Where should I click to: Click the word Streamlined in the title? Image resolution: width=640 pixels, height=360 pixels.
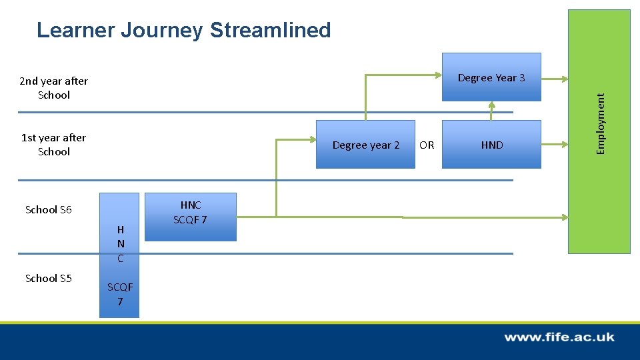point(270,31)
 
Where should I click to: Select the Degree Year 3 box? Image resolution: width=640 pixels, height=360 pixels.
point(491,77)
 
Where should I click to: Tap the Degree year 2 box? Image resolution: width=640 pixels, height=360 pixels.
point(365,145)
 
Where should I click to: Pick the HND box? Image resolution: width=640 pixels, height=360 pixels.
point(492,145)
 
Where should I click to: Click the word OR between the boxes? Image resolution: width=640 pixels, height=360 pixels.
point(427,145)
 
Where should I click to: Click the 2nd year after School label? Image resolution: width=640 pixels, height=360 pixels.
point(53,88)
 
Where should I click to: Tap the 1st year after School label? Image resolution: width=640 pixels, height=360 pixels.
point(53,145)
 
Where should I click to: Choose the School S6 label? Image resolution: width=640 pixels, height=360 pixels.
point(48,210)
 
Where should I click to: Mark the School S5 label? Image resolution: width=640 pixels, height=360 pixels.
point(48,279)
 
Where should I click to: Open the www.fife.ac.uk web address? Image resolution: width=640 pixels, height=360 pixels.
point(559,337)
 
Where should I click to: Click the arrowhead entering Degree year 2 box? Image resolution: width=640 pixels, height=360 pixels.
point(311,140)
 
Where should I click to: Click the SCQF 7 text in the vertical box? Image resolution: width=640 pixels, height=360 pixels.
point(120,294)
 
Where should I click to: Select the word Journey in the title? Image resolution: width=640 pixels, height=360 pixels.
point(161,31)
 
